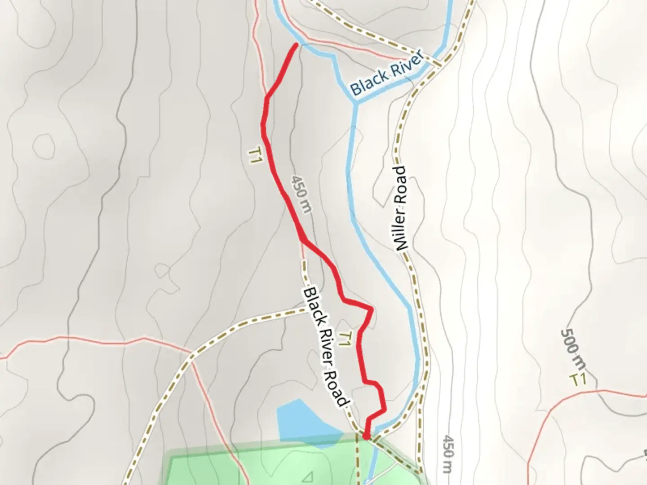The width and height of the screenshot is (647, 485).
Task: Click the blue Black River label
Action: [387, 73]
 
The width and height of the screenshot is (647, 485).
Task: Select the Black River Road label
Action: [326, 347]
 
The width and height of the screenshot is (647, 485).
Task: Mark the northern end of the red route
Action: [296, 44]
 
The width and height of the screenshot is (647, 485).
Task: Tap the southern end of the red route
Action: [366, 436]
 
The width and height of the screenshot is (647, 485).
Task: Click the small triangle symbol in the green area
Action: [309, 476]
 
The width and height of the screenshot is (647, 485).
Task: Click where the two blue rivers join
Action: [355, 102]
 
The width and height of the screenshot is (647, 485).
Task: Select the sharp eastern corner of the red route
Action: [371, 309]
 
